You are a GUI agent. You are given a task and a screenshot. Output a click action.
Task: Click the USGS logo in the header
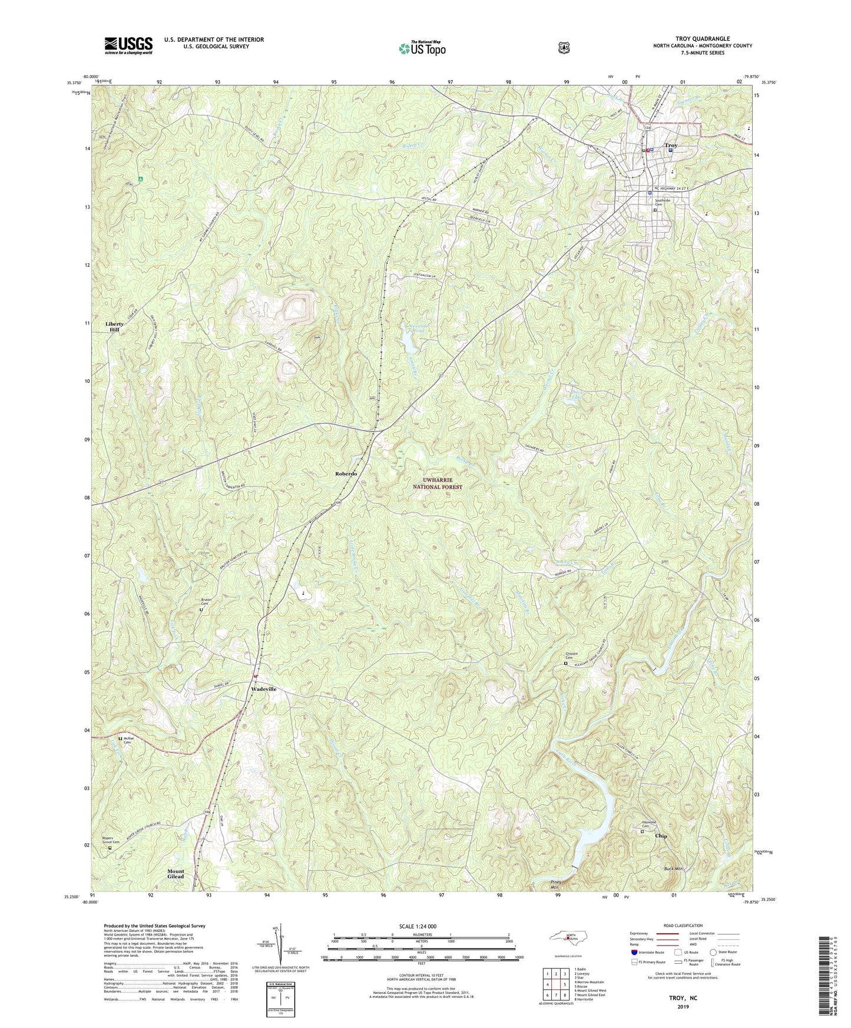click(128, 45)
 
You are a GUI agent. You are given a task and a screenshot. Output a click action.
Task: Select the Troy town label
click(671, 145)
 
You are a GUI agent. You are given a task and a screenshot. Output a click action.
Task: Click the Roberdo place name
click(346, 473)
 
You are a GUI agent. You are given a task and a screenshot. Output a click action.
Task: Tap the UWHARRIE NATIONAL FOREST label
click(437, 484)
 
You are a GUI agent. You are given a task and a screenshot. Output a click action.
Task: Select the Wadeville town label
click(263, 689)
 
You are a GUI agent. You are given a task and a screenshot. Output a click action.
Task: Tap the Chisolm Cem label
click(565, 658)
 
